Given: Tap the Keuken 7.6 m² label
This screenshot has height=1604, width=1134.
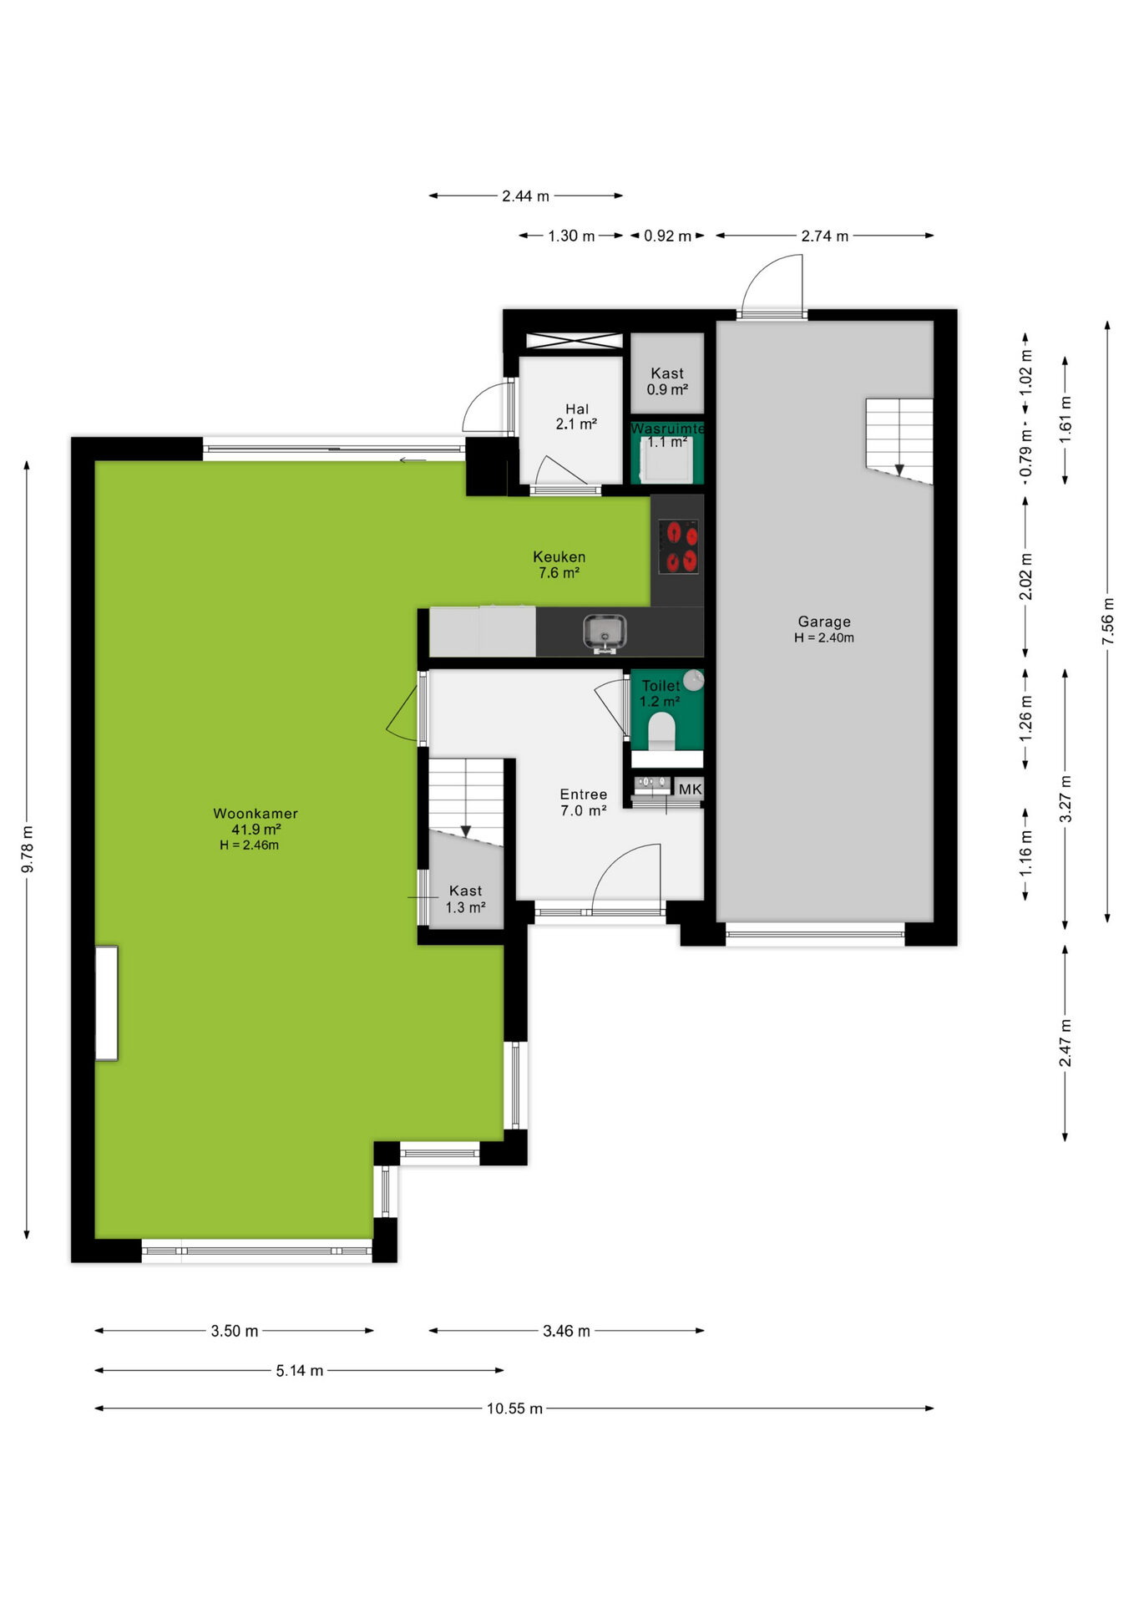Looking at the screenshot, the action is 559,565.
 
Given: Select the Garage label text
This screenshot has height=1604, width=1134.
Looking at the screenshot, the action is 824,622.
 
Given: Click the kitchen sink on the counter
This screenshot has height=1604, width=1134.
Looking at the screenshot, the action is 605,632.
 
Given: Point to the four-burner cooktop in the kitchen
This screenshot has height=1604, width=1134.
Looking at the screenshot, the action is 678,546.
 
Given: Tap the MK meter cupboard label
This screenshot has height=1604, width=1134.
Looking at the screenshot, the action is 690,789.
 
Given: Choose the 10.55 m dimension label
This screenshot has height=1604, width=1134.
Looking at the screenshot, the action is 514,1409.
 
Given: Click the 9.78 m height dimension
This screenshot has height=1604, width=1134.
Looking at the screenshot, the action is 27,850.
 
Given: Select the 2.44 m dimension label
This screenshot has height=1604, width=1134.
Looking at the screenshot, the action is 525,196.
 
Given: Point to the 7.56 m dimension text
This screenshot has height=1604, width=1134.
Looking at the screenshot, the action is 1107,621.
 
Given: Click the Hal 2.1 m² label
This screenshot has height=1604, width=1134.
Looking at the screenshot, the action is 577,416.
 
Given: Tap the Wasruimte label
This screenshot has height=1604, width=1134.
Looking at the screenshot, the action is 667,429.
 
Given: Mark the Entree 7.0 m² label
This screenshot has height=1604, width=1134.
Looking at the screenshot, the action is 584,802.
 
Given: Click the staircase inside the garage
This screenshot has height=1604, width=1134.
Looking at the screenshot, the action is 899,440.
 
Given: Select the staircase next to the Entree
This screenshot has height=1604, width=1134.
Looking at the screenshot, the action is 466,802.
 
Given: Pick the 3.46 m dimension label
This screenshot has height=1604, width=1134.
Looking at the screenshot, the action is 566,1331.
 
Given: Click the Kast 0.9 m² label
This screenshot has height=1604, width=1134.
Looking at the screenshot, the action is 667,381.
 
